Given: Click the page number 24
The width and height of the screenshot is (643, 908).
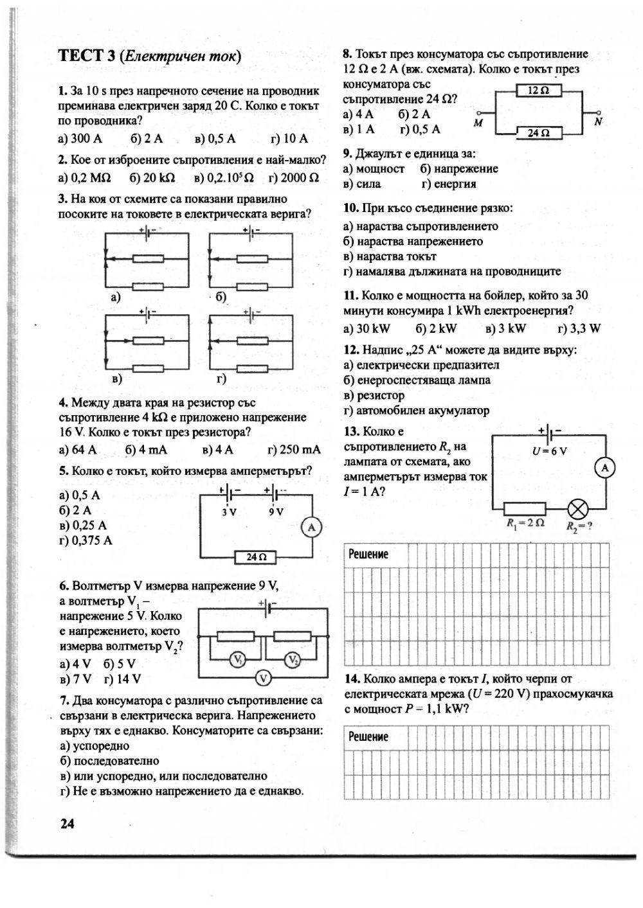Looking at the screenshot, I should (x=68, y=823).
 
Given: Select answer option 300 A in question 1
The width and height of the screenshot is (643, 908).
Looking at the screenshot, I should (x=80, y=139).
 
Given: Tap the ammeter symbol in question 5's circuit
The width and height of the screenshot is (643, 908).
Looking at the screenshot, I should (x=311, y=528).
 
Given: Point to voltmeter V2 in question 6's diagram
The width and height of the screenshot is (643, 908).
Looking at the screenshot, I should (x=293, y=660).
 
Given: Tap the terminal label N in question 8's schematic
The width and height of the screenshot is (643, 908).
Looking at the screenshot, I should (x=597, y=121).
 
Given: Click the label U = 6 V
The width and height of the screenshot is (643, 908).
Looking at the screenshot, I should (x=550, y=450).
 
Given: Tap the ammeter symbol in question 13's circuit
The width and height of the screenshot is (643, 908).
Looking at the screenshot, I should (x=605, y=468).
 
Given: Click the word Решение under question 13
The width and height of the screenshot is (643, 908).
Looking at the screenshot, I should (x=368, y=555).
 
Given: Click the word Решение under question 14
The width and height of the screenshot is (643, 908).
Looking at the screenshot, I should (x=368, y=737).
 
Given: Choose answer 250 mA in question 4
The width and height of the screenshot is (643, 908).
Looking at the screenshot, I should (x=293, y=450).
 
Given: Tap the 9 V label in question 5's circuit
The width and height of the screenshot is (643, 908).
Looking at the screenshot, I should (x=276, y=512).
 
